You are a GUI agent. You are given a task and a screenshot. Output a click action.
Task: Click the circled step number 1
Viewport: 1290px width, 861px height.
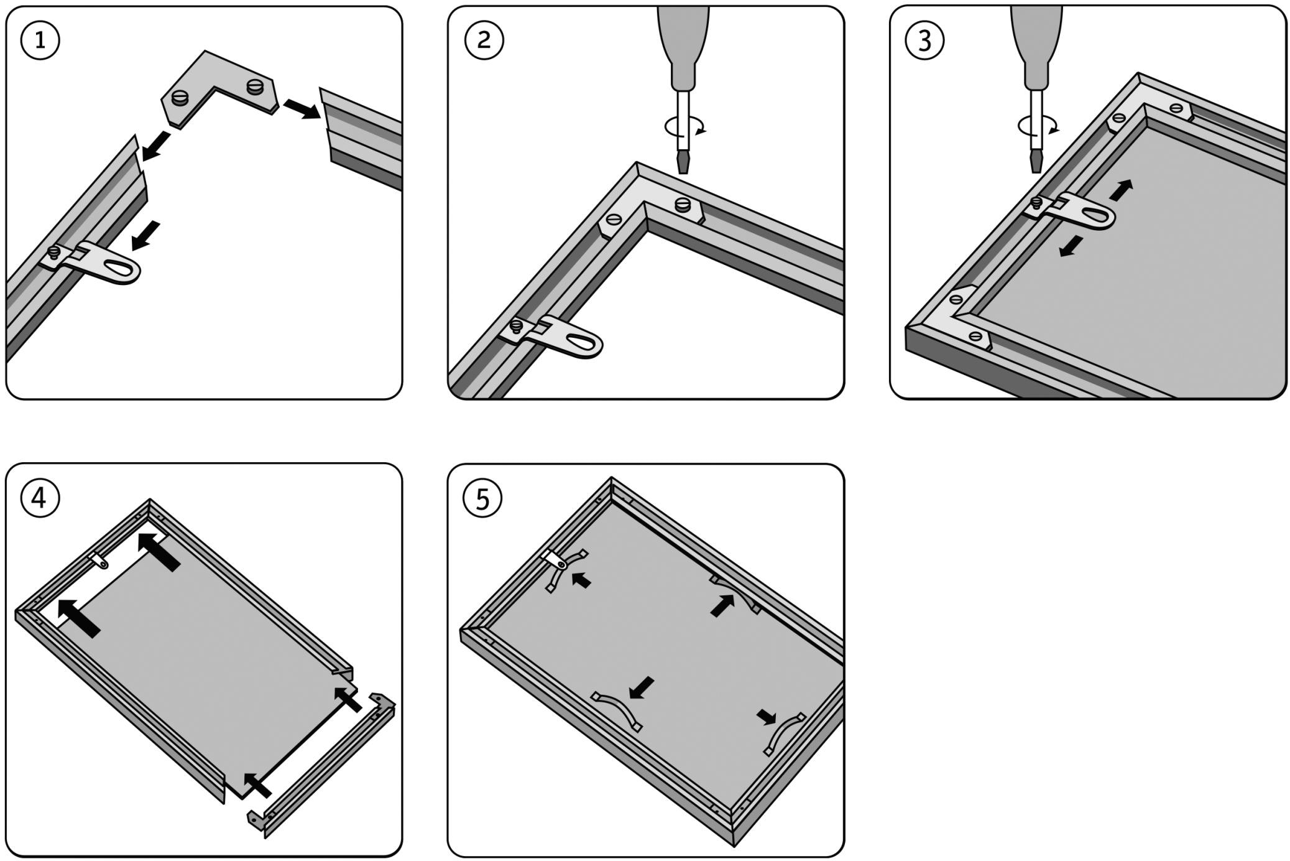40,40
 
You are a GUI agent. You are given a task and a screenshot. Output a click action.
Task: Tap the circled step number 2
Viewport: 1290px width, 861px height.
484,40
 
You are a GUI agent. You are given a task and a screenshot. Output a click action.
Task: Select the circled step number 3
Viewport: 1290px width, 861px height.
924,40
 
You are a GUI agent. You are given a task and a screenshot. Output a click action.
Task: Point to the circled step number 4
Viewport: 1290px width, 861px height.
40,498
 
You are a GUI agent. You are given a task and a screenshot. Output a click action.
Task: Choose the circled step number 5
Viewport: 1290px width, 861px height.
483,498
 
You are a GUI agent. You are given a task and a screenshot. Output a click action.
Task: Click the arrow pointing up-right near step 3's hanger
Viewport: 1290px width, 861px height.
1121,190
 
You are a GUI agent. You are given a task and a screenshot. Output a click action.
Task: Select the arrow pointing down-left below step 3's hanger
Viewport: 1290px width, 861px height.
1071,246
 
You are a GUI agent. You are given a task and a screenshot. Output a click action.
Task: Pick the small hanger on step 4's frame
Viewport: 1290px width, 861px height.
99,561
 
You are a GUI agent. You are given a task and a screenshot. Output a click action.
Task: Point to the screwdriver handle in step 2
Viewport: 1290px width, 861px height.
683,44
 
